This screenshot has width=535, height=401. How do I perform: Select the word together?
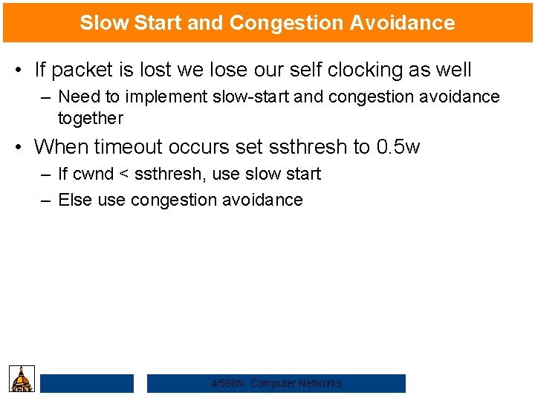tap(90, 117)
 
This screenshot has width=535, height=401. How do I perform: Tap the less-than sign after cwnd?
tap(124, 174)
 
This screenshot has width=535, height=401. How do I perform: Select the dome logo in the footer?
tap(22, 378)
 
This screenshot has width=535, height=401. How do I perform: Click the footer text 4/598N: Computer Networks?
tap(276, 383)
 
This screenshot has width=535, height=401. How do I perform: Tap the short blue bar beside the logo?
tap(87, 383)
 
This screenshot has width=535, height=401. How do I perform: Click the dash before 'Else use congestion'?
tap(45, 200)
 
